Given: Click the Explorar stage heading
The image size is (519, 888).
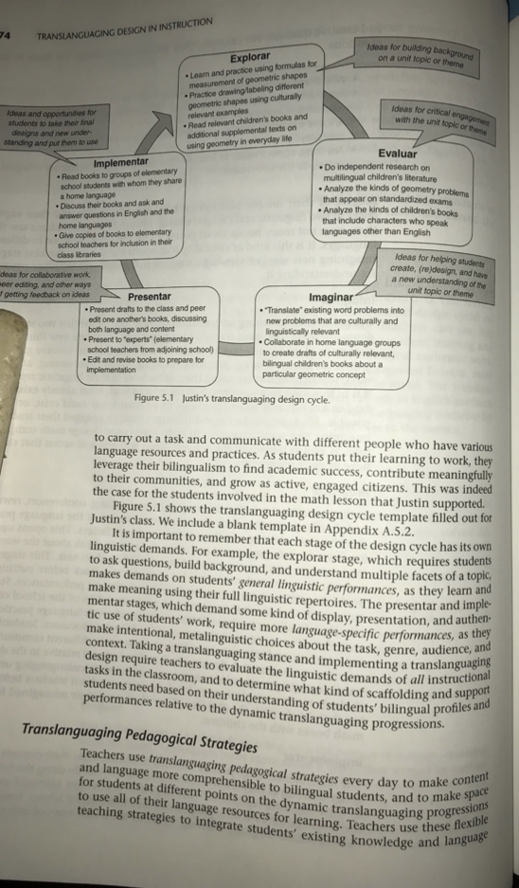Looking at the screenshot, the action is (x=251, y=59).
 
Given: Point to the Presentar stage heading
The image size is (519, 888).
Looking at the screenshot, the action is (x=150, y=297).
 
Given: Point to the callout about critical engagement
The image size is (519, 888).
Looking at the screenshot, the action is (x=446, y=120).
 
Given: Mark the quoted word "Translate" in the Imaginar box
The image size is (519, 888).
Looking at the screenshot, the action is (x=285, y=312).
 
